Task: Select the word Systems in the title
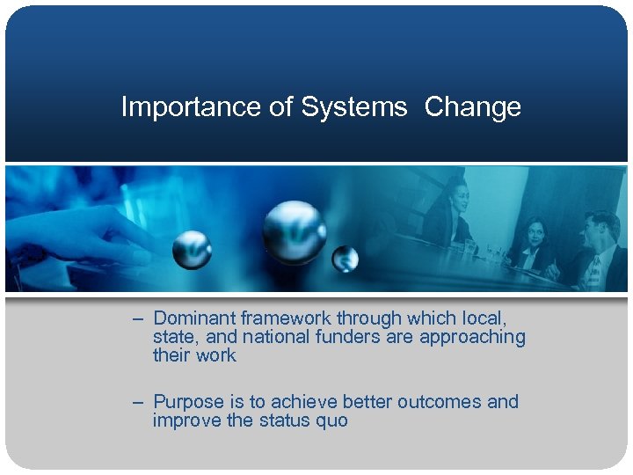(354, 107)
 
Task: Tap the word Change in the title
(472, 107)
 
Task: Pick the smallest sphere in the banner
(345, 259)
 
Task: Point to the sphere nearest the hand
(191, 250)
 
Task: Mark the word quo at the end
(331, 420)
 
